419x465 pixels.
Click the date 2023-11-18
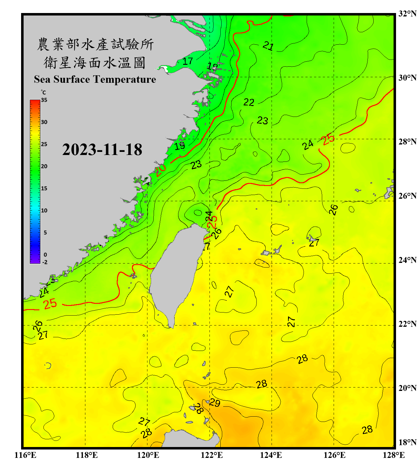pyautogui.click(x=102, y=149)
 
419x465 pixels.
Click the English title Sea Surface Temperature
pyautogui.click(x=95, y=79)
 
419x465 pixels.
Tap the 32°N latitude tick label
pyautogui.click(x=407, y=14)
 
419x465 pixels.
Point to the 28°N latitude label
pyautogui.click(x=407, y=141)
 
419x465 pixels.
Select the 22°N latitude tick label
pyautogui.click(x=407, y=324)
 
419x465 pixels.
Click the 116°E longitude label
pyautogui.click(x=25, y=455)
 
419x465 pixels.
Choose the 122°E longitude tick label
pyautogui.click(x=212, y=455)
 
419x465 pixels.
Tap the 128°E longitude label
pyautogui.click(x=394, y=455)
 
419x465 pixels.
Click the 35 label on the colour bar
pyautogui.click(x=44, y=100)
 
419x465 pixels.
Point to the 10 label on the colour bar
pyautogui.click(x=44, y=210)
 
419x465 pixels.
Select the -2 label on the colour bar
pyautogui.click(x=45, y=262)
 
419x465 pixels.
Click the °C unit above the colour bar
pyautogui.click(x=43, y=92)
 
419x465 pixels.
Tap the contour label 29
pyautogui.click(x=214, y=402)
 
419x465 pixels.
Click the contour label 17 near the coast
pyautogui.click(x=187, y=61)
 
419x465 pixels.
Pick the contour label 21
pyautogui.click(x=268, y=46)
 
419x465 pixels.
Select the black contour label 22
pyautogui.click(x=249, y=102)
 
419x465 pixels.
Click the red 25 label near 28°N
pyautogui.click(x=328, y=139)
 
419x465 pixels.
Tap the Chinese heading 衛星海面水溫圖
pyautogui.click(x=95, y=63)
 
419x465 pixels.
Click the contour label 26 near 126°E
pyautogui.click(x=333, y=210)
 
